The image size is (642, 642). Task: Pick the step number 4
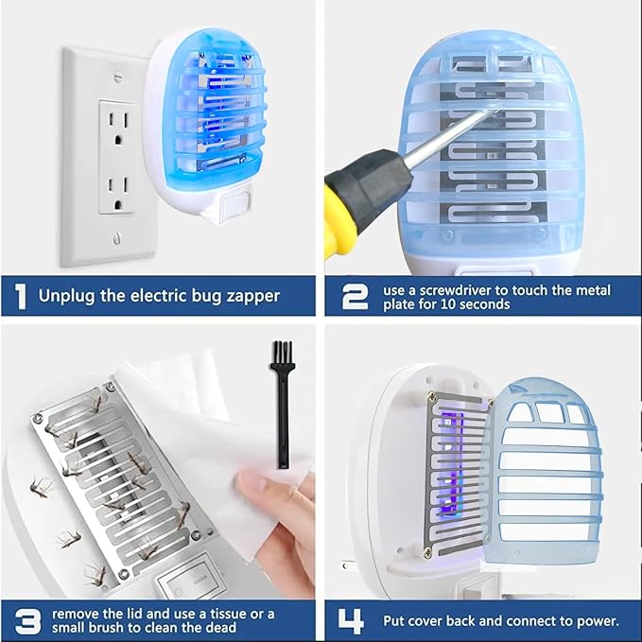[353, 620]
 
